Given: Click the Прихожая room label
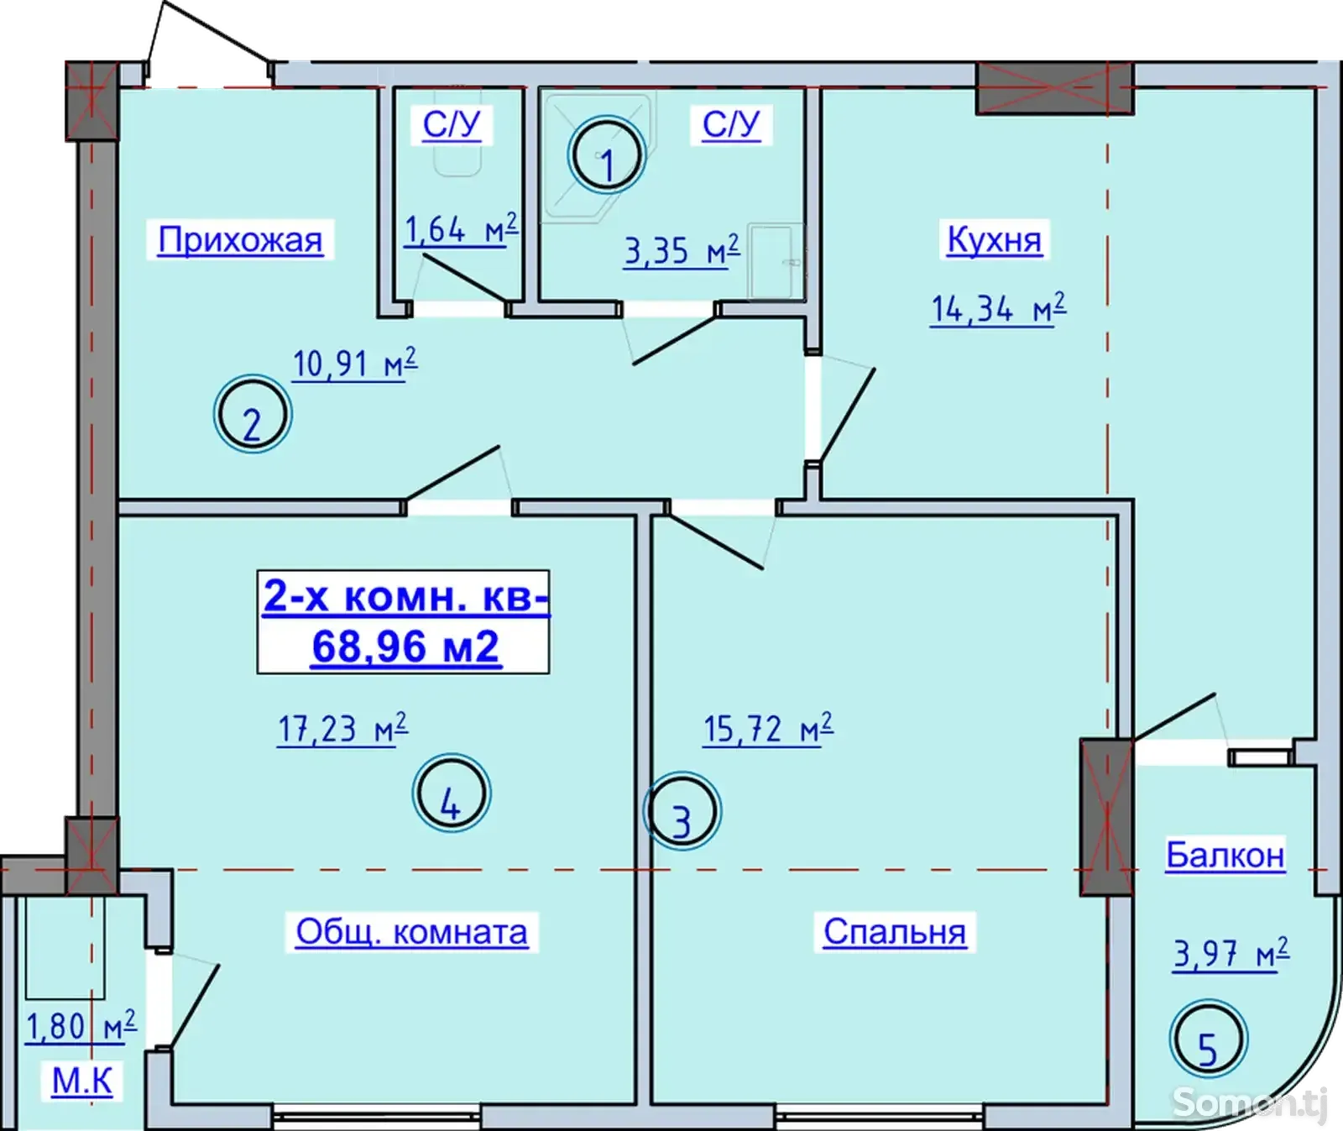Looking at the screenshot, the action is coord(240,240).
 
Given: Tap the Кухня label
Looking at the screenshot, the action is coord(994,239).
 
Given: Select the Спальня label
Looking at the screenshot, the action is coord(895,932).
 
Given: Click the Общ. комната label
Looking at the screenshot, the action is coord(411,932).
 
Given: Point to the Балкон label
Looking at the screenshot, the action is coord(1225,855).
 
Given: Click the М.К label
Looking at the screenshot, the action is coord(82,1081).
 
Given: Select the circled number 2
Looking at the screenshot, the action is coord(253,415).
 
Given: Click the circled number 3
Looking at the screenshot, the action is coord(682,812).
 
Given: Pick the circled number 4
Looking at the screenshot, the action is coord(452,793).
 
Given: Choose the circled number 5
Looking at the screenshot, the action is coord(1209,1039).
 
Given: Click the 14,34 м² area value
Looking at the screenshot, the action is coord(998,308).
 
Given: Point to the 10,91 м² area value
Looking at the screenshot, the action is coord(354,364).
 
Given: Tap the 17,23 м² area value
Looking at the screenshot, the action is coord(342,728).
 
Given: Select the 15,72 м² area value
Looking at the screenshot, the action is coord(768,728).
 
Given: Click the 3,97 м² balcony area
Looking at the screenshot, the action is coord(1231,954).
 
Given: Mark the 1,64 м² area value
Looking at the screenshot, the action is coord(461,228).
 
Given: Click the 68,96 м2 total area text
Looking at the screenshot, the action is coord(405,647).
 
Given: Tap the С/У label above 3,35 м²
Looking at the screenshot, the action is coord(731,124).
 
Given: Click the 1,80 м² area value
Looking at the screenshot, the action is coord(81,1026).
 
